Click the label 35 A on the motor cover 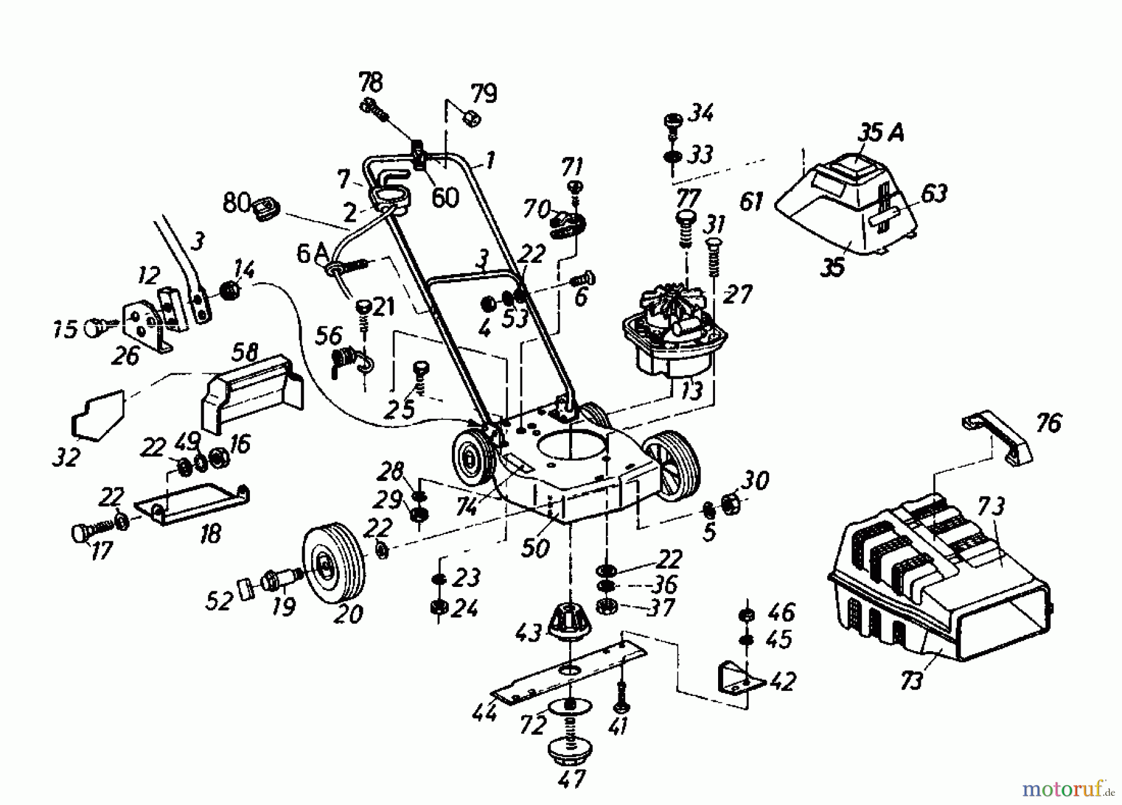click(880, 133)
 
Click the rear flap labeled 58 click(252, 393)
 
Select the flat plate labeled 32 click(98, 414)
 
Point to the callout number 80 click(236, 202)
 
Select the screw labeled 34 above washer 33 click(673, 121)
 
